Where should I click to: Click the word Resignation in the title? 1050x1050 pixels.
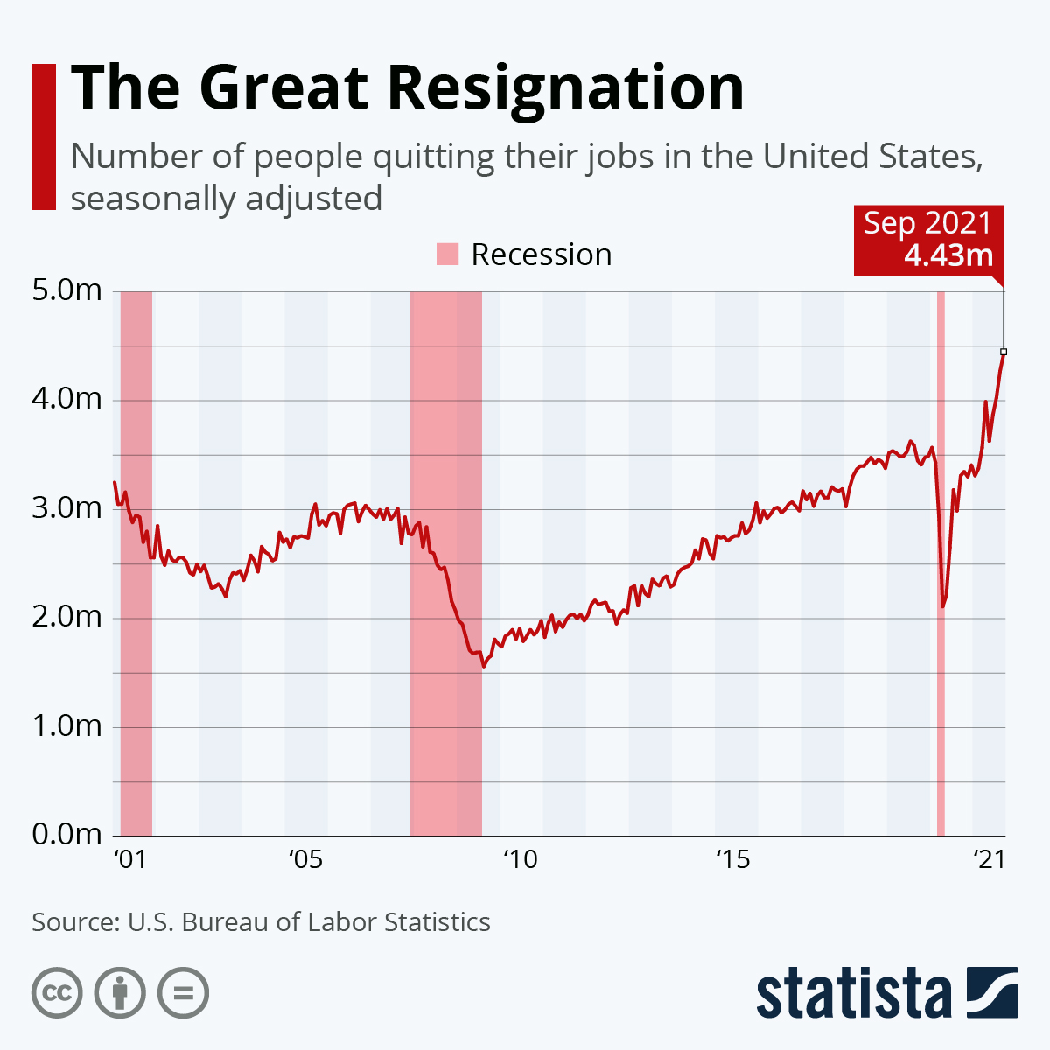(x=566, y=88)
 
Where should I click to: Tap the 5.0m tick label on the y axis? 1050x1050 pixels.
(x=67, y=290)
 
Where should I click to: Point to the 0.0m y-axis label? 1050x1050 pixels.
(x=67, y=835)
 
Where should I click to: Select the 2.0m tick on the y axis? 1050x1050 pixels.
(x=67, y=617)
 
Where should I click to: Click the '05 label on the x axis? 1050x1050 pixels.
(x=305, y=859)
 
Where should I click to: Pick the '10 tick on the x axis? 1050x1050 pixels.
(x=520, y=859)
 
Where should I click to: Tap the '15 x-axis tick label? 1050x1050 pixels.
(x=733, y=859)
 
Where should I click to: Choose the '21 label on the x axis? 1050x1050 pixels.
(x=990, y=859)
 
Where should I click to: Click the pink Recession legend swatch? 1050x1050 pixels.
(x=447, y=255)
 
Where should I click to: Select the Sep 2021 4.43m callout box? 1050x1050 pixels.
(x=928, y=239)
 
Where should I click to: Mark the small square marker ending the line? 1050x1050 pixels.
(x=1004, y=352)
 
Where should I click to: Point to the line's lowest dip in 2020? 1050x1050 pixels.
(x=943, y=605)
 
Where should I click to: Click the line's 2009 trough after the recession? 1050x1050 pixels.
(x=483, y=666)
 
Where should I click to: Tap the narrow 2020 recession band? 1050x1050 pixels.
(x=941, y=560)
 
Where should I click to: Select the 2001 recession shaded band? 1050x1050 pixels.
(x=136, y=560)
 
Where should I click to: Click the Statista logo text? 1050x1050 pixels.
(x=853, y=993)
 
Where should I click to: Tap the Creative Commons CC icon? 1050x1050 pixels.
(x=57, y=993)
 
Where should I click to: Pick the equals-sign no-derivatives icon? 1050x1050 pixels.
(x=184, y=993)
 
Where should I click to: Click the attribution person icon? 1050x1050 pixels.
(x=120, y=993)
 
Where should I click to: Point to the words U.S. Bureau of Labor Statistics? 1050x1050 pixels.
(x=309, y=922)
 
